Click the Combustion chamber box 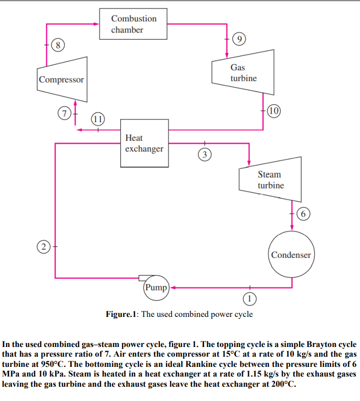click(x=133, y=24)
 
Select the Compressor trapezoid click(x=62, y=79)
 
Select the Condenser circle click(x=291, y=254)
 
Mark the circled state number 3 click(x=204, y=153)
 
